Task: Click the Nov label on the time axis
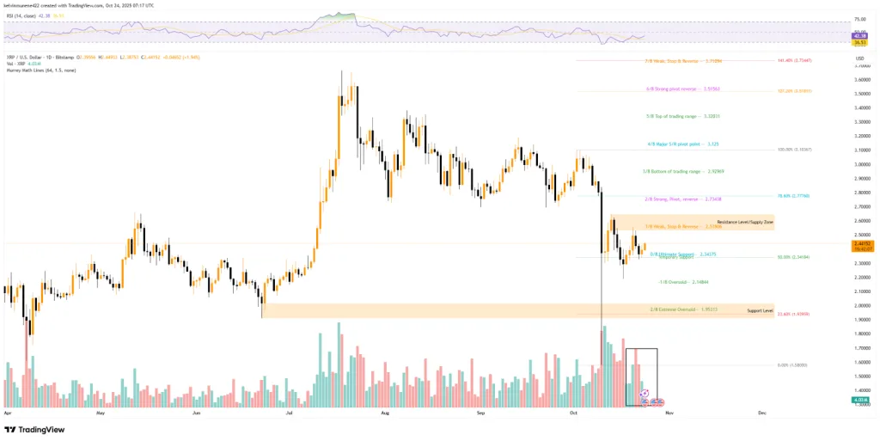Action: pyautogui.click(x=668, y=413)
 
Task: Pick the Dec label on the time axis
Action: pyautogui.click(x=761, y=413)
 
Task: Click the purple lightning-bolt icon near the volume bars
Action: pyautogui.click(x=643, y=391)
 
